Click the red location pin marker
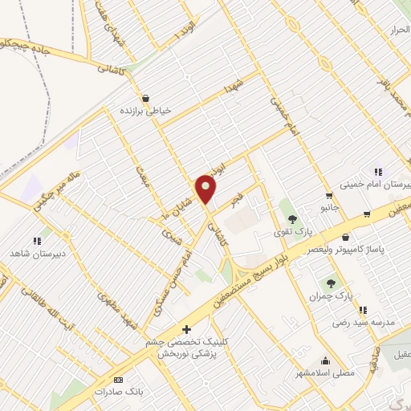(207, 189)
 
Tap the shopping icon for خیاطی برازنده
(144, 98)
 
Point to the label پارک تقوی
(292, 232)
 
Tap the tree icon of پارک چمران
(330, 283)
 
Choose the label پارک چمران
(330, 296)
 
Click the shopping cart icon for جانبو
(329, 195)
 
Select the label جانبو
(329, 207)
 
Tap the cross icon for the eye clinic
(187, 328)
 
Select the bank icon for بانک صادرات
(119, 380)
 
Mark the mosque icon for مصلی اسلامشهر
(325, 360)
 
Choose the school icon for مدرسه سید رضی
(363, 309)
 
